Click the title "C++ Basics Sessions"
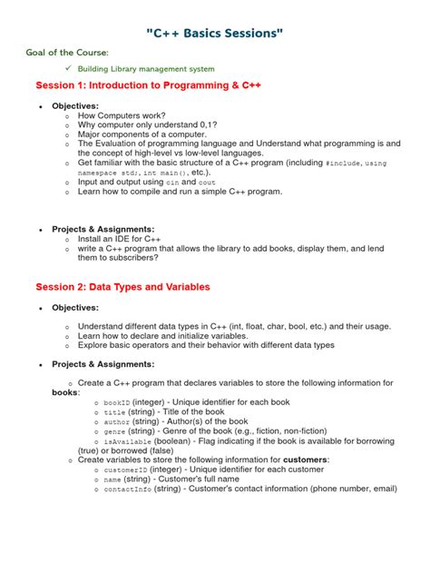[x=215, y=34]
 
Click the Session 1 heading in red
[x=149, y=85]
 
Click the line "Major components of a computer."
[x=142, y=134]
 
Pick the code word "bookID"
[x=118, y=401]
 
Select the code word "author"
[x=117, y=421]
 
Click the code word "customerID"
[x=126, y=470]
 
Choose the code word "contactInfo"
[x=128, y=489]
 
